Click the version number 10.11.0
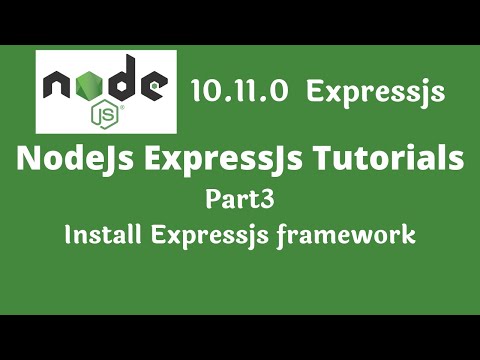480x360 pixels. pos(240,92)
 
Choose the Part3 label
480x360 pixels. pos(239,199)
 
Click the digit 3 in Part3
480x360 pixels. pos(265,198)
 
